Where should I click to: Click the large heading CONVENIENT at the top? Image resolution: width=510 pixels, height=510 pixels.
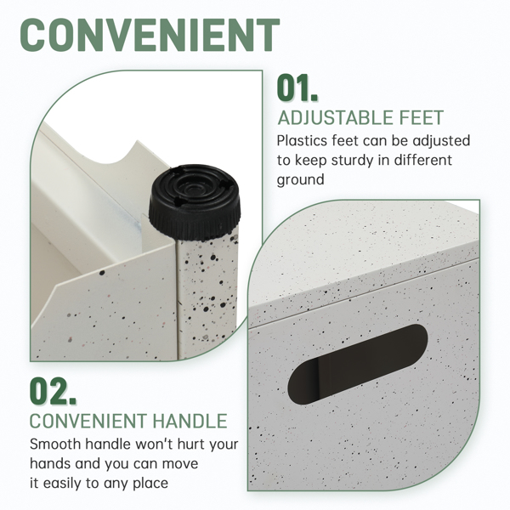tap(150, 35)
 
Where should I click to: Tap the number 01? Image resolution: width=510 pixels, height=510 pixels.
tap(297, 88)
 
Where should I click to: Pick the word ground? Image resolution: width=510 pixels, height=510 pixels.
tap(300, 180)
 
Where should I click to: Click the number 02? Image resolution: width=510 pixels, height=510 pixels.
tap(53, 391)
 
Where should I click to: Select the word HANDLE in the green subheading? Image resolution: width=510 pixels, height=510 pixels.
tap(190, 421)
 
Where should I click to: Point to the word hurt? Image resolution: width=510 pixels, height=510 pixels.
tap(190, 444)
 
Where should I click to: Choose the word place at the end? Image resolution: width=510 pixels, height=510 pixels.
tap(150, 484)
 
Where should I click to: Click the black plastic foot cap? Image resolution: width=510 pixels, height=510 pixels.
tap(195, 202)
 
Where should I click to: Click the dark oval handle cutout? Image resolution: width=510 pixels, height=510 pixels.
tap(358, 364)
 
